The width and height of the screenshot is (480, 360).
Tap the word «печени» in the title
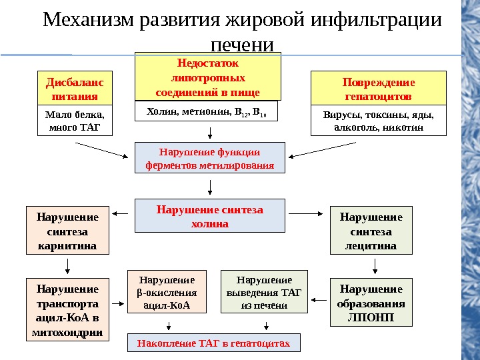(242, 45)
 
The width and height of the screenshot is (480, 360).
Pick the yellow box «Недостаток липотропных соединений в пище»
(208, 77)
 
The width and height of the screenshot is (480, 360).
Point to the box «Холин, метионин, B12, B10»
(206, 111)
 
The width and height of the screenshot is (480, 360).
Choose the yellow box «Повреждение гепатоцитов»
(379, 88)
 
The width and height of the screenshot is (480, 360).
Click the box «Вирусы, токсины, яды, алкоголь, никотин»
(379, 121)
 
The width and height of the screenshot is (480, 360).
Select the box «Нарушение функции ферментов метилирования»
(210, 158)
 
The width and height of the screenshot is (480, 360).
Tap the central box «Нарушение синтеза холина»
(210, 217)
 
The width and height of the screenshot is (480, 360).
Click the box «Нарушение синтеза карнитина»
(67, 231)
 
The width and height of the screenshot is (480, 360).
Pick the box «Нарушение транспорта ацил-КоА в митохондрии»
(67, 310)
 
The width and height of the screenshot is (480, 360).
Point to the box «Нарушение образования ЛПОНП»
(371, 302)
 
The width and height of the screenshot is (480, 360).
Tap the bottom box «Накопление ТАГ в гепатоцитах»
(214, 343)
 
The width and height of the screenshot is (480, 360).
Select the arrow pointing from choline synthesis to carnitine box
(121, 213)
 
